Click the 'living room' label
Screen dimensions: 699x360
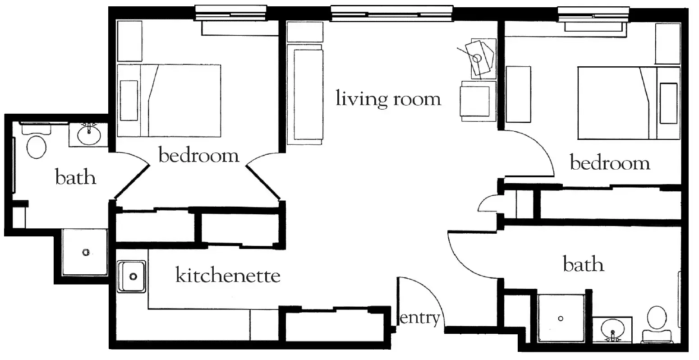coord(388,99)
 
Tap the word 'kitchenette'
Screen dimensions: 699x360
coord(228,275)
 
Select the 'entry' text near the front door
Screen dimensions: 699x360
coord(420,318)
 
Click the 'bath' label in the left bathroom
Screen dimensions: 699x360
coord(75,177)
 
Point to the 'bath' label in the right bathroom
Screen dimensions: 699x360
coord(584,264)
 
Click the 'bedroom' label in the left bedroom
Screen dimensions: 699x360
coord(199,155)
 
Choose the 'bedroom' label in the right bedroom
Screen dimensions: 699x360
coord(610,162)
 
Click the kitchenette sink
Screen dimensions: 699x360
coord(131,277)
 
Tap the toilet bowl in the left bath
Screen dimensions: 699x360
coord(37,147)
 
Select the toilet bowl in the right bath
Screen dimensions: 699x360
coord(657,318)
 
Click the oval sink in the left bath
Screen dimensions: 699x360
coord(89,135)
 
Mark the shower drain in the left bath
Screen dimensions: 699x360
coord(86,252)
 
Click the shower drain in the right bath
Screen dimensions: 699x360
coord(561,318)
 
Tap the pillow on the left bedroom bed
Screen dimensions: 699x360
coord(129,100)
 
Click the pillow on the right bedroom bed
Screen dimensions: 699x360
coord(668,103)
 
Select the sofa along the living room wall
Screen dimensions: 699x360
coord(305,94)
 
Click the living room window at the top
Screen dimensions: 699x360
coord(392,14)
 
